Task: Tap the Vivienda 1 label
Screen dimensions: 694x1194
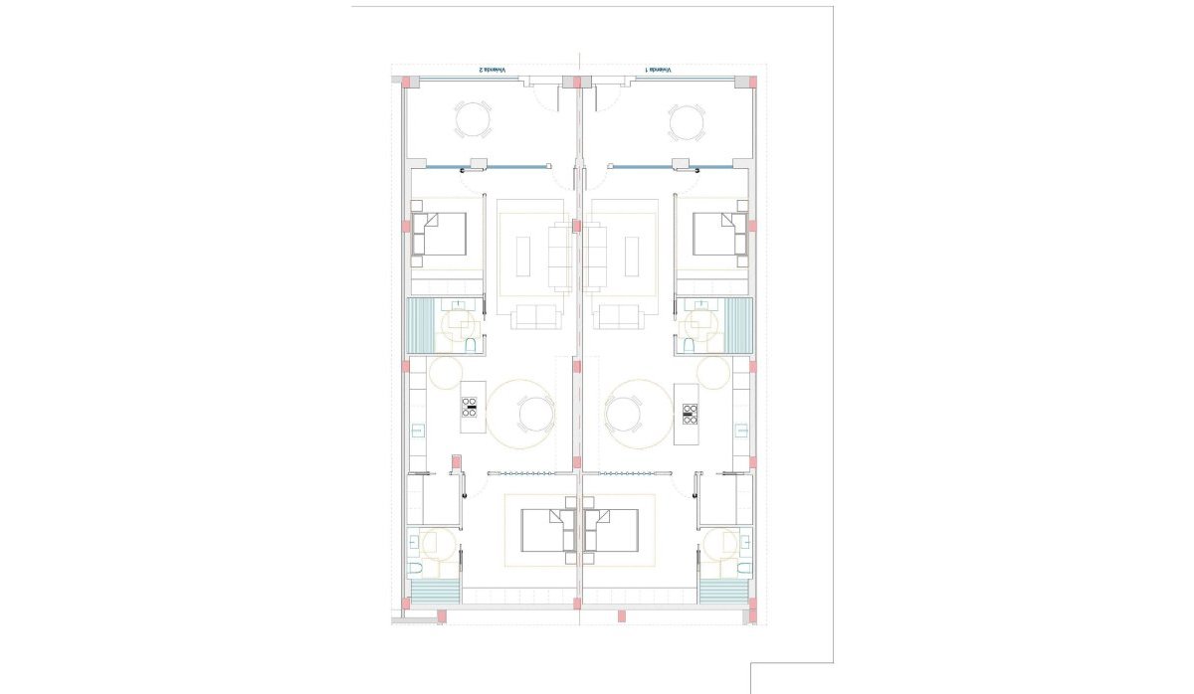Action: pos(659,71)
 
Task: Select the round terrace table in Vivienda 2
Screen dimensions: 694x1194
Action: pos(473,122)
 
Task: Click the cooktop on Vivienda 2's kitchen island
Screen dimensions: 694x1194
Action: pos(470,406)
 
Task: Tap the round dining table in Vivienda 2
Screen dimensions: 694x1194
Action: pos(534,413)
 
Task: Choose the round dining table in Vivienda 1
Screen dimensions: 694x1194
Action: pos(626,412)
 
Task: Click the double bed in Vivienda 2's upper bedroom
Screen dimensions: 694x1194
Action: pos(441,234)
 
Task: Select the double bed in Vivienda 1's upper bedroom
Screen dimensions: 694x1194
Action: pos(718,234)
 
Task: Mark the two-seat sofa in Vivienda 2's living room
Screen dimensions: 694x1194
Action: pos(536,317)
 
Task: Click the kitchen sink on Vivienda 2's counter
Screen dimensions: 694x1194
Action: pos(419,431)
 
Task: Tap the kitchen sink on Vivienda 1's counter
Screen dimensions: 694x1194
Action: pos(740,431)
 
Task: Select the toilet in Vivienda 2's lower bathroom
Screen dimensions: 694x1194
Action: pos(416,569)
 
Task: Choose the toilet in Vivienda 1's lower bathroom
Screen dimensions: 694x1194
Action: pos(743,569)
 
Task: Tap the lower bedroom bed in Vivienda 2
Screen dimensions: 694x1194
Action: pos(544,531)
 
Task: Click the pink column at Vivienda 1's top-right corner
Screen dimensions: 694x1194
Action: pos(753,81)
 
